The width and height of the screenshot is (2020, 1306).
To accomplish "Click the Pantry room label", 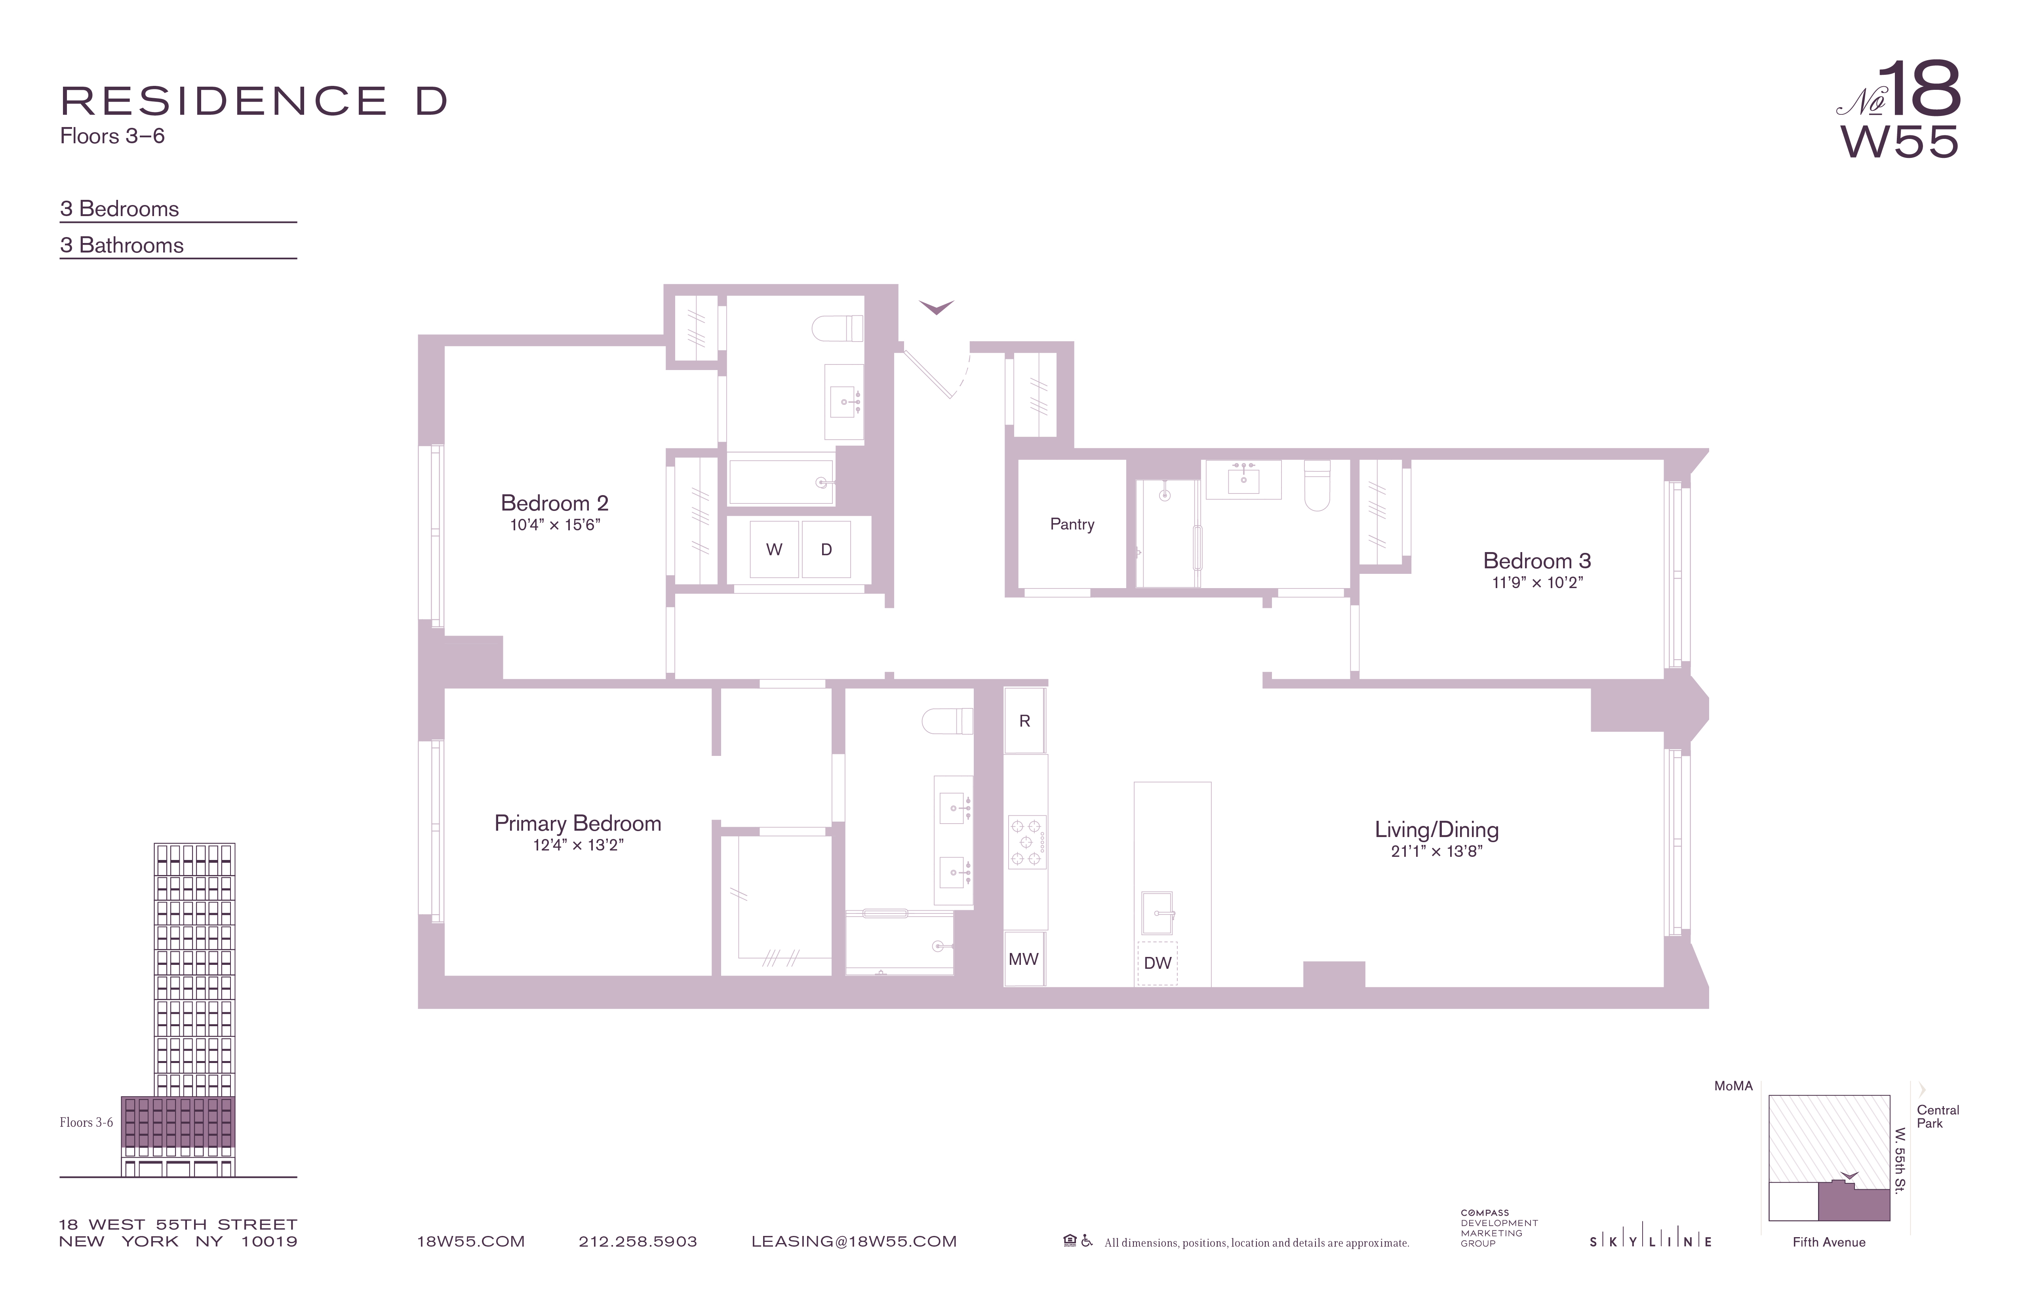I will (1072, 524).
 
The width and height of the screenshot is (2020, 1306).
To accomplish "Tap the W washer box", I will (774, 550).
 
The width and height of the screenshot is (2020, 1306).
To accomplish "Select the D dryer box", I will (826, 550).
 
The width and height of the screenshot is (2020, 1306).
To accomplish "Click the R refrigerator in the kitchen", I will (1024, 721).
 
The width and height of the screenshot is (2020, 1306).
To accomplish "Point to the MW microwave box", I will (1023, 959).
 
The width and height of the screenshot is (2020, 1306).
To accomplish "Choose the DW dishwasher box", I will (1157, 962).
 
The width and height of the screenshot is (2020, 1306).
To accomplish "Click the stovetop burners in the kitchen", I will (1026, 842).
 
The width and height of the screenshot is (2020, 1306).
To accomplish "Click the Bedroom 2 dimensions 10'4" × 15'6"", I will (555, 525).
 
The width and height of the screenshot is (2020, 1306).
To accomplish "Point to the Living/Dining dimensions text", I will (1436, 851).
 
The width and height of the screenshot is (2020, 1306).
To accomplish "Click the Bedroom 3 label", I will (1536, 560).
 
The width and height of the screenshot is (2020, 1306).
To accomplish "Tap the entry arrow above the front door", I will (937, 307).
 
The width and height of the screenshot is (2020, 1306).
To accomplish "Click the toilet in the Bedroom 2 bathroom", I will (838, 328).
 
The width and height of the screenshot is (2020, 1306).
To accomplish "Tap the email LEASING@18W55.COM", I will (853, 1241).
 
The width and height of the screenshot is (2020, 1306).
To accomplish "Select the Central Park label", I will (1938, 1116).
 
